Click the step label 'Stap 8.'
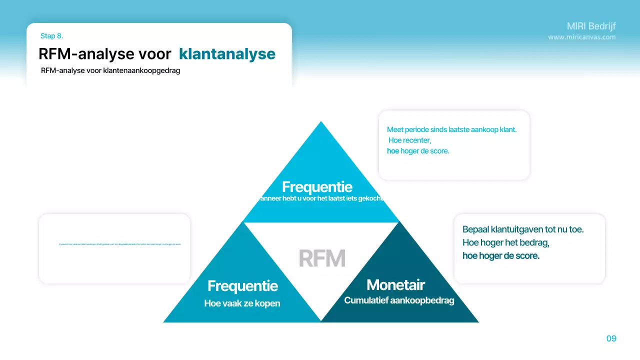point(51,36)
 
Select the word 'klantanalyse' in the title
point(227,54)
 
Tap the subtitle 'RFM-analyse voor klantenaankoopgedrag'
point(110,70)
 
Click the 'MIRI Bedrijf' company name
point(591,26)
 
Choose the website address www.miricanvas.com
point(581,37)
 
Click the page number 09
point(611,338)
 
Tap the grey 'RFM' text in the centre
point(322,258)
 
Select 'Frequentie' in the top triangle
point(317,187)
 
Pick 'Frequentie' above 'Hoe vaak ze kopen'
point(242,286)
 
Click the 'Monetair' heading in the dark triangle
point(395,285)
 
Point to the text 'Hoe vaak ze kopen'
point(242,303)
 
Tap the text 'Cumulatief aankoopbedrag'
point(399,300)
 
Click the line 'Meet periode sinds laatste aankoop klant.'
point(451,129)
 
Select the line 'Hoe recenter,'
point(409,140)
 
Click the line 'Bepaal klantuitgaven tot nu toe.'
point(523,229)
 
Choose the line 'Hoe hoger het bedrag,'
point(506,243)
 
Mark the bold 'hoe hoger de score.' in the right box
point(500,256)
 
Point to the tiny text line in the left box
point(120,244)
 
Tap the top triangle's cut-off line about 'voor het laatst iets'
point(320,198)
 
